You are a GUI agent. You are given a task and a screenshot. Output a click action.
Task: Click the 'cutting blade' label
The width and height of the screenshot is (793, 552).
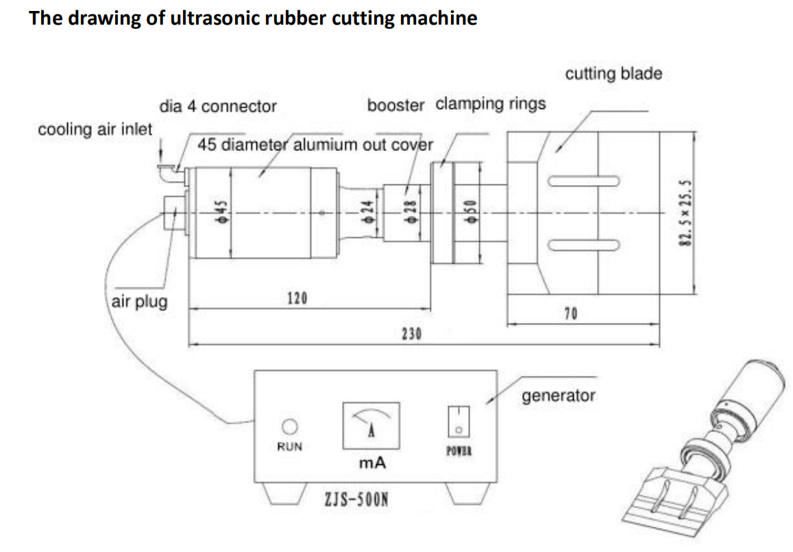(613, 73)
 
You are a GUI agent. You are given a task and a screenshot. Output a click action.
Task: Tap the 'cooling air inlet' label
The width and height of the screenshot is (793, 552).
(95, 129)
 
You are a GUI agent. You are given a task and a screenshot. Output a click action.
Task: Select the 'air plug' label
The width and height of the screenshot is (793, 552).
(139, 302)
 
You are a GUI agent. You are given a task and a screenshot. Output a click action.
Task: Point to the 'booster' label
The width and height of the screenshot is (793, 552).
(395, 106)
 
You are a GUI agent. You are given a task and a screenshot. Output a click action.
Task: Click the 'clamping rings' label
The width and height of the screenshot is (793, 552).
(491, 104)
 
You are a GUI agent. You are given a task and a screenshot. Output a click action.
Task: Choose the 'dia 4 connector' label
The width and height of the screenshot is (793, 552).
(217, 106)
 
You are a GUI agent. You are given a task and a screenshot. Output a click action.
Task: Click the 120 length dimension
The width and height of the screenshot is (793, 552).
(297, 298)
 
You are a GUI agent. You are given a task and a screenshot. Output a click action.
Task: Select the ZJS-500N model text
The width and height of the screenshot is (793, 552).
(356, 516)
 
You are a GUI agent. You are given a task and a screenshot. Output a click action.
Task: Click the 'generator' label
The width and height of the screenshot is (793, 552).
(559, 395)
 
